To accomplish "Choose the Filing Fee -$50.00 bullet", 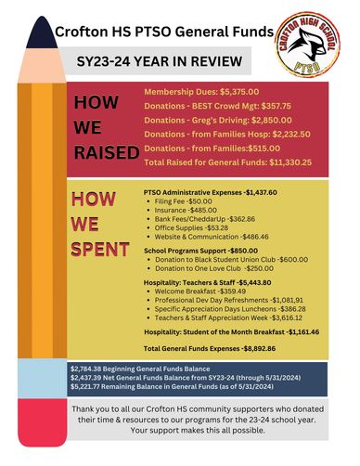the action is coord(183,201).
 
